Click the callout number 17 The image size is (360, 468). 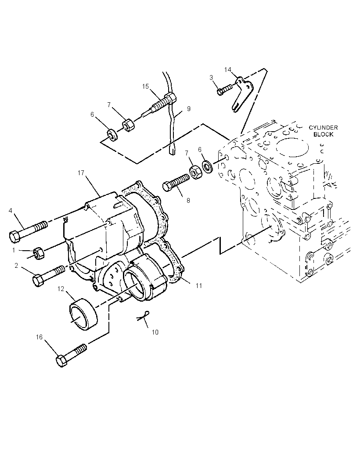81,173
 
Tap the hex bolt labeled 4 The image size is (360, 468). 28,232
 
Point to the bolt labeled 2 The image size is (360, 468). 48,276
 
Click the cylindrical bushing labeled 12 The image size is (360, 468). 83,314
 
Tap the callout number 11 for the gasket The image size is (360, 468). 199,286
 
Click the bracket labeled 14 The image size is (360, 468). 242,94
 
